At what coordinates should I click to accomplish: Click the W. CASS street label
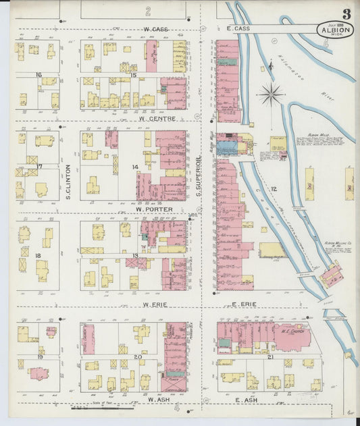(x=155, y=29)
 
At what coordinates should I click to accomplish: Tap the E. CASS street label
(x=238, y=28)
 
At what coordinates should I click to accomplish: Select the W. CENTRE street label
(x=158, y=119)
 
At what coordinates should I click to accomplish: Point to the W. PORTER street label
(x=153, y=209)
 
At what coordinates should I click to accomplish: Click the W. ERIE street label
(x=155, y=304)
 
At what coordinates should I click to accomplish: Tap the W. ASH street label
(x=156, y=400)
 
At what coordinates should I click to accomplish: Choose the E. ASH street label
(x=248, y=400)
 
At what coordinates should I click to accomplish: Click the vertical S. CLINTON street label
(x=69, y=182)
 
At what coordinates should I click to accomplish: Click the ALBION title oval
(x=336, y=30)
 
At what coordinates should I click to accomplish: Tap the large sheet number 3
(x=346, y=14)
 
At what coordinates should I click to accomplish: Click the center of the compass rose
(x=271, y=94)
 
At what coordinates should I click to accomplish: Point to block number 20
(x=138, y=356)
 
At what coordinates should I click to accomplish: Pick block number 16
(x=39, y=75)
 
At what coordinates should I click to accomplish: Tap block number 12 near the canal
(x=274, y=190)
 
